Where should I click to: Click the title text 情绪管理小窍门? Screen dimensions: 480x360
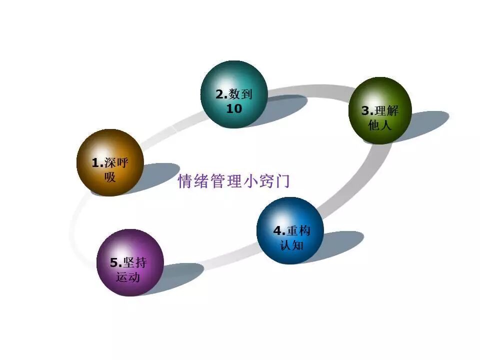tap(234, 181)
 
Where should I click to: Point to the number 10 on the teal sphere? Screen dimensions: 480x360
tap(234, 108)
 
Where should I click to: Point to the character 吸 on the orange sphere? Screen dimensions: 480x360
tap(110, 176)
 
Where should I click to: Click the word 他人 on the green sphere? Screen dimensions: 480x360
tap(380, 125)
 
